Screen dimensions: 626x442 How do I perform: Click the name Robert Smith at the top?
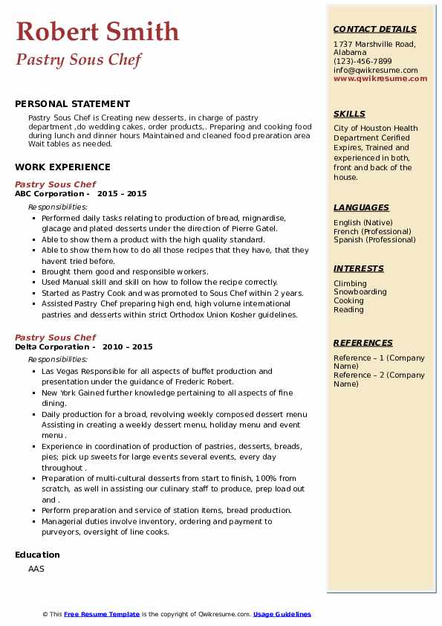[97, 31]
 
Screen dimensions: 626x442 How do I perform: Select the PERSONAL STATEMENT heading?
[72, 104]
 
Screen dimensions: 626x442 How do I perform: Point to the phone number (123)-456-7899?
[363, 62]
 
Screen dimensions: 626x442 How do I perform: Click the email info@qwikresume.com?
[375, 70]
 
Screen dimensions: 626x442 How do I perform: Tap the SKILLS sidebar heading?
[349, 114]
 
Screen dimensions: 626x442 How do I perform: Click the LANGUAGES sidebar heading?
[361, 207]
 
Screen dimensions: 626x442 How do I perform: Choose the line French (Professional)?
[374, 231]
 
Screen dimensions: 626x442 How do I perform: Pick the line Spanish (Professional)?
[374, 239]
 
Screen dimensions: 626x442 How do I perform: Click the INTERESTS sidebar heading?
[359, 268]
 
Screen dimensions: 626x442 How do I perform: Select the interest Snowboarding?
[361, 292]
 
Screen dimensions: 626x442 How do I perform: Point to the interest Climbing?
[350, 283]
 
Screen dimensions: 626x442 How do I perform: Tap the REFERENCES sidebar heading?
[363, 343]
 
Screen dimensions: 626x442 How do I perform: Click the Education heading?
[37, 555]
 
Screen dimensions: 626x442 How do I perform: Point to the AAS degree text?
[36, 569]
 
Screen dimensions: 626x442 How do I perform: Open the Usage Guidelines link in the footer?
[282, 614]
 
